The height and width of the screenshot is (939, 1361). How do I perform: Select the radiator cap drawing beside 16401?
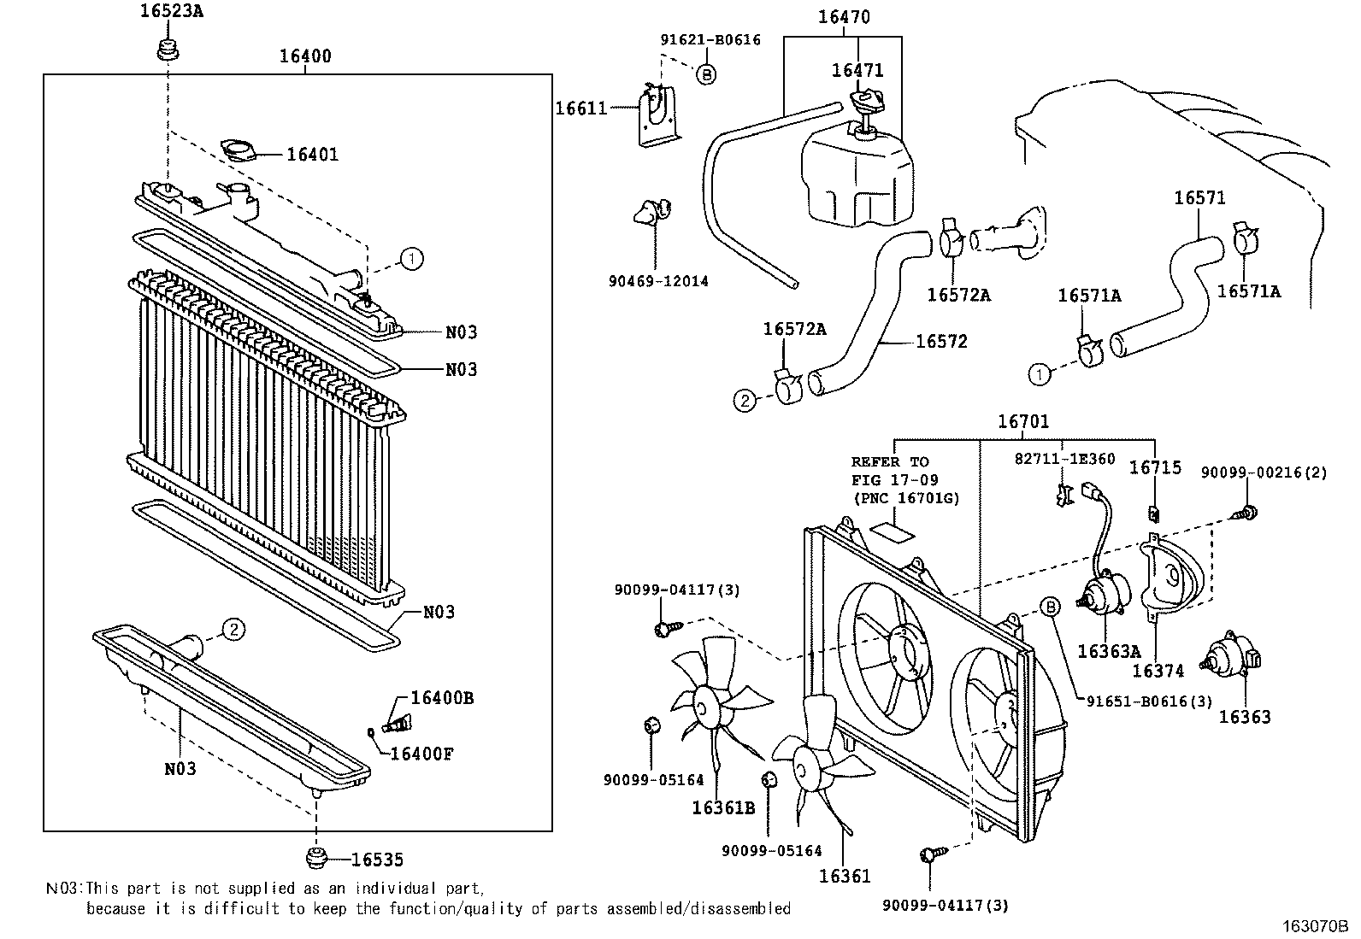pos(239,151)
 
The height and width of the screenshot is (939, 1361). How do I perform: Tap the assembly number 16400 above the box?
pos(305,56)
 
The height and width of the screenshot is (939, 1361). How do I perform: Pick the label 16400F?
pos(421,754)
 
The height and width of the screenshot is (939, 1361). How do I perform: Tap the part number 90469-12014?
pos(658,281)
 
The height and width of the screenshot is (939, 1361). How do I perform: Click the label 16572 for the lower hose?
pos(941,342)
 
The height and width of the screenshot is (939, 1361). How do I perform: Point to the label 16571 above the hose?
pos(1199,198)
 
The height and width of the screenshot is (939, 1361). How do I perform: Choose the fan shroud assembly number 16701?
pos(1022,421)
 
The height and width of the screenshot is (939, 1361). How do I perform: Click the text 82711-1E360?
pos(1064,459)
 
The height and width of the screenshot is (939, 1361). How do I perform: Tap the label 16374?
pos(1158,671)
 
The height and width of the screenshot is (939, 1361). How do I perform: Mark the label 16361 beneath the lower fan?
pos(845,876)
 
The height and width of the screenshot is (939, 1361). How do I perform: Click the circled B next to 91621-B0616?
pos(706,74)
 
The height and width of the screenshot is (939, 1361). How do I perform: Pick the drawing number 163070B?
pos(1313,924)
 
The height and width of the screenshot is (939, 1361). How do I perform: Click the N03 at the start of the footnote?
pos(63,889)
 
